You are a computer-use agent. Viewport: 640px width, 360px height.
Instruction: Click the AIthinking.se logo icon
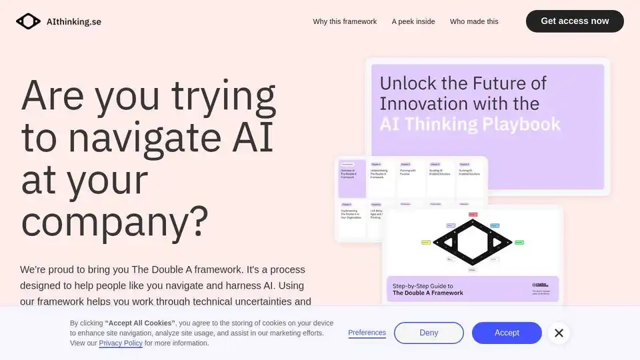28,21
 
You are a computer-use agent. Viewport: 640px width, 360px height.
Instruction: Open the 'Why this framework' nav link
345,21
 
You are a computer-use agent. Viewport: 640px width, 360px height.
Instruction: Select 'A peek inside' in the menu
413,21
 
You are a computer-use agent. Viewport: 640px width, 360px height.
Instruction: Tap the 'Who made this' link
474,21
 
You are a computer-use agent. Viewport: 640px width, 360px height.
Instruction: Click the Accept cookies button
507,333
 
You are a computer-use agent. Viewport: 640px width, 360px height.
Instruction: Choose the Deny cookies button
429,333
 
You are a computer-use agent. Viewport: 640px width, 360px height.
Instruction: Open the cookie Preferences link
367,333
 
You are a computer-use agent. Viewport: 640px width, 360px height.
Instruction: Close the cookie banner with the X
559,333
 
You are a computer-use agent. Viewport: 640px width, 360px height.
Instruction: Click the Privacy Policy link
121,343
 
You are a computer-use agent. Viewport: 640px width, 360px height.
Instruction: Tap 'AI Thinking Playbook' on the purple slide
470,124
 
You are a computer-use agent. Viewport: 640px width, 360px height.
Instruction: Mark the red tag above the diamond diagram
473,215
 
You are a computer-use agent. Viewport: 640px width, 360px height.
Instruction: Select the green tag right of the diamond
519,242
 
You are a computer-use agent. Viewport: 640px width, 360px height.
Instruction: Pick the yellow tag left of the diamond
426,242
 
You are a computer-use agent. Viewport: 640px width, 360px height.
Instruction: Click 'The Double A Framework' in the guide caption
428,293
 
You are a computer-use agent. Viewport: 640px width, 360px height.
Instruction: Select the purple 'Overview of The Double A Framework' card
352,177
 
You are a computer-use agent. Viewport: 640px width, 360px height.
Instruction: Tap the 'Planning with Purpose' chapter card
411,177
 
